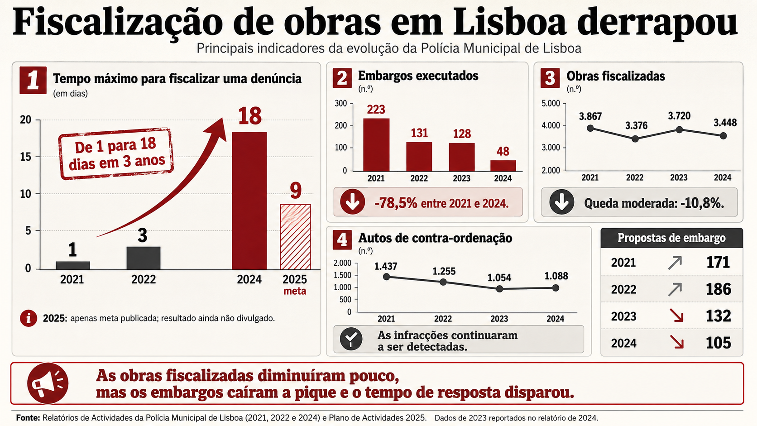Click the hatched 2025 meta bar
pyautogui.click(x=295, y=237)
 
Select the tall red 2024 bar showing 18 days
pyautogui.click(x=249, y=201)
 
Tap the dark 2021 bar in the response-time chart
pyautogui.click(x=72, y=266)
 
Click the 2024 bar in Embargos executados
pyautogui.click(x=503, y=166)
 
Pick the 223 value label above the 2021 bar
pyautogui.click(x=376, y=110)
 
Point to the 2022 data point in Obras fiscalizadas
pyautogui.click(x=635, y=139)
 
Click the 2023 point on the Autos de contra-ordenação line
pyautogui.click(x=499, y=289)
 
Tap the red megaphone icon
pyautogui.click(x=48, y=383)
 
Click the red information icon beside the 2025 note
pyautogui.click(x=29, y=318)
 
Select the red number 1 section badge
pyautogui.click(x=33, y=81)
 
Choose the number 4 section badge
pyautogui.click(x=342, y=240)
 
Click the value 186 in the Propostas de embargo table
pyautogui.click(x=719, y=289)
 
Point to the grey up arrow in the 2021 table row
pyautogui.click(x=675, y=263)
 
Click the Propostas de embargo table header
pyautogui.click(x=671, y=238)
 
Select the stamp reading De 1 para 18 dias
pyautogui.click(x=116, y=154)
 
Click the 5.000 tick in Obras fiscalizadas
pyautogui.click(x=551, y=103)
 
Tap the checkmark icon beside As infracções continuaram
pyautogui.click(x=351, y=339)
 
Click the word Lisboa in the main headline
pyautogui.click(x=509, y=22)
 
